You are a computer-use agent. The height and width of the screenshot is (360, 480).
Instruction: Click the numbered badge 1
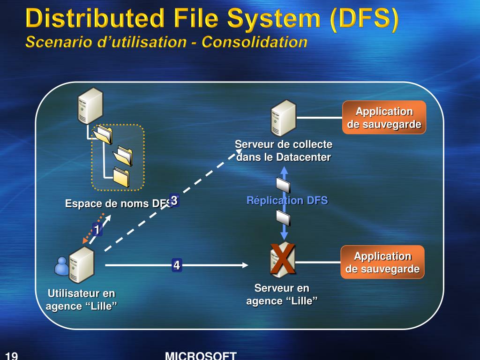(97, 230)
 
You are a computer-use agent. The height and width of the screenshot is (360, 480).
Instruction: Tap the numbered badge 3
(174, 201)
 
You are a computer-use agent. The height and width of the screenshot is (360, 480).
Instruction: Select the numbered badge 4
(177, 265)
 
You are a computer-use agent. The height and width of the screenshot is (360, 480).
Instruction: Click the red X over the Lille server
(282, 259)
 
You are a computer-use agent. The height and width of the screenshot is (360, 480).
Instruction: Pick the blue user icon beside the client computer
(62, 266)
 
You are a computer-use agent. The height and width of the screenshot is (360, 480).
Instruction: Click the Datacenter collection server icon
(284, 118)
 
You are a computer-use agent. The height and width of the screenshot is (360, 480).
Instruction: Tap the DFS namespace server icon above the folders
(90, 106)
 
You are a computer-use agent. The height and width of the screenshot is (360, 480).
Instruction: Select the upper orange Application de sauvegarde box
(384, 118)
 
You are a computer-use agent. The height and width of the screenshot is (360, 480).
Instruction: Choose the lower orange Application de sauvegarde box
(382, 262)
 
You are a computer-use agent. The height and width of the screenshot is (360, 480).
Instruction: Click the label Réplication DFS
(287, 201)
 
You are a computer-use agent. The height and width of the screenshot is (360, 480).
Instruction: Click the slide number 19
(12, 356)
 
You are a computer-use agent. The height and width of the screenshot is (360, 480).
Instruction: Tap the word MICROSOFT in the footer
(201, 355)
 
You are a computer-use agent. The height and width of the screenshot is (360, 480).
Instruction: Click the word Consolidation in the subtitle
(255, 42)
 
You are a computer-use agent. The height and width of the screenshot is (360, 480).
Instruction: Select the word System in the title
(274, 19)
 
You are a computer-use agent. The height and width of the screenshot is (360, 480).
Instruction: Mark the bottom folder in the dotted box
(121, 177)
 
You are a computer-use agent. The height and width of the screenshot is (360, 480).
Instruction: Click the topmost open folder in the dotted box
(103, 134)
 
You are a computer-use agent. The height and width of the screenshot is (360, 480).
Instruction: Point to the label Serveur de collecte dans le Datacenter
(284, 150)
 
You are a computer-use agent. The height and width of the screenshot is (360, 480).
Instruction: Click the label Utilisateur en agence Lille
(82, 300)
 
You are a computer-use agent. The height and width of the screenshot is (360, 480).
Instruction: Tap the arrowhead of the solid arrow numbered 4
(245, 265)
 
